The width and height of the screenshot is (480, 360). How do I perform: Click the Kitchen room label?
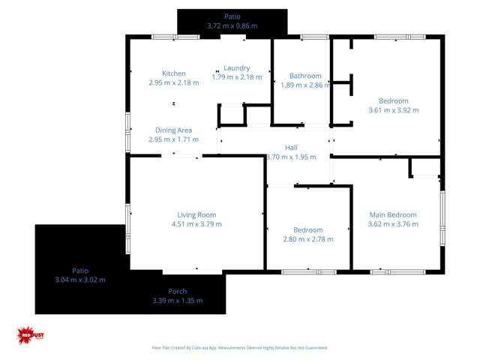(x=174, y=73)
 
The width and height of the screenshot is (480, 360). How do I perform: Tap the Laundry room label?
(x=237, y=68)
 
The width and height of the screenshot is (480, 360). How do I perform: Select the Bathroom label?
(x=305, y=76)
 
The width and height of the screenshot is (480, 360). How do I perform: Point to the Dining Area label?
(x=173, y=130)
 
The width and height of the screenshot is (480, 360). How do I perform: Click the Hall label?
(x=291, y=148)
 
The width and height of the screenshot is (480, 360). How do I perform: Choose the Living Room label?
(x=196, y=215)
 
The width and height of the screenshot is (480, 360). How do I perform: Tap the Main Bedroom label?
(x=392, y=215)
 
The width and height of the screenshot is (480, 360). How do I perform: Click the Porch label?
(x=178, y=292)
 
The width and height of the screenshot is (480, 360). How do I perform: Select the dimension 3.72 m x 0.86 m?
(x=232, y=25)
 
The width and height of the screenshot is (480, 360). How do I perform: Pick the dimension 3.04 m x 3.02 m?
(x=80, y=280)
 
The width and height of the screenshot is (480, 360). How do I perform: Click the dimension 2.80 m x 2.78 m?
(x=308, y=239)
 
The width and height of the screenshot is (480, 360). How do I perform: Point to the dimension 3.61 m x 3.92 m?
(x=393, y=110)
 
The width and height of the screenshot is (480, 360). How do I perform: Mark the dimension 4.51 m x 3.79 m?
(x=196, y=224)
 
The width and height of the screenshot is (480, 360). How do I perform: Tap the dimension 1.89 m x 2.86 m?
(x=305, y=85)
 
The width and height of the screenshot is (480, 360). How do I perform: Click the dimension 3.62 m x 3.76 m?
(x=392, y=224)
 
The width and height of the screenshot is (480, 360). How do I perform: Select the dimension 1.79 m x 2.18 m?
(x=237, y=77)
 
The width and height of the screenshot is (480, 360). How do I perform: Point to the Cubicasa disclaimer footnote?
(x=239, y=347)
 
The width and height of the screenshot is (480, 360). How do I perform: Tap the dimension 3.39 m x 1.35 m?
(x=178, y=301)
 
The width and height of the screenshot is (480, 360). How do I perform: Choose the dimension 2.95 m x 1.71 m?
(x=173, y=139)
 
